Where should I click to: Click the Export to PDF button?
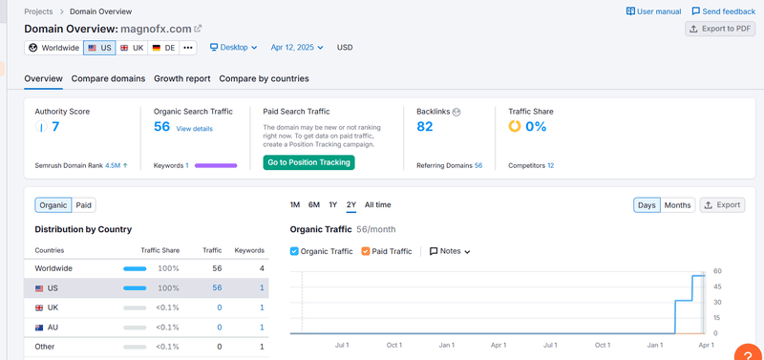click(720, 29)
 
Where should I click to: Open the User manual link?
click(653, 11)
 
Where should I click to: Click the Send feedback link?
click(723, 11)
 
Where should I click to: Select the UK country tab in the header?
click(131, 47)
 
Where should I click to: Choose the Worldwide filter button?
click(53, 47)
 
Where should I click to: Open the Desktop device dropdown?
click(234, 47)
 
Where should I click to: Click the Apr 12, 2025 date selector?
click(297, 47)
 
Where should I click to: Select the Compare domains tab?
click(108, 78)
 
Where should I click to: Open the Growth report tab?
click(181, 78)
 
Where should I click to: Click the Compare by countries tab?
click(264, 78)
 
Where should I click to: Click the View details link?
click(194, 128)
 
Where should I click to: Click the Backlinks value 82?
click(425, 126)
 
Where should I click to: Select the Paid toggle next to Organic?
click(84, 204)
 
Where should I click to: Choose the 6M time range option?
click(313, 204)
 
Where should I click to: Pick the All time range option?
click(377, 204)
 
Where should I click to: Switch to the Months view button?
click(677, 204)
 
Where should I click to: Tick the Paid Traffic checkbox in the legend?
click(367, 251)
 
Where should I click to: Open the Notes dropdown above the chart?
click(450, 251)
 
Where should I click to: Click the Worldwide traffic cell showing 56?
click(216, 268)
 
